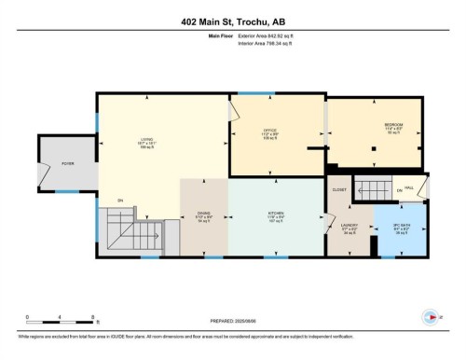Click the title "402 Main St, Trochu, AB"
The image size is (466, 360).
(233, 21)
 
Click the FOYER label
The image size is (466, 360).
(67, 163)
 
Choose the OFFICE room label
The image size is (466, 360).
(269, 130)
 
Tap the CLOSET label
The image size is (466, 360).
(339, 188)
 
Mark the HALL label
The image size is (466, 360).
(421, 187)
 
